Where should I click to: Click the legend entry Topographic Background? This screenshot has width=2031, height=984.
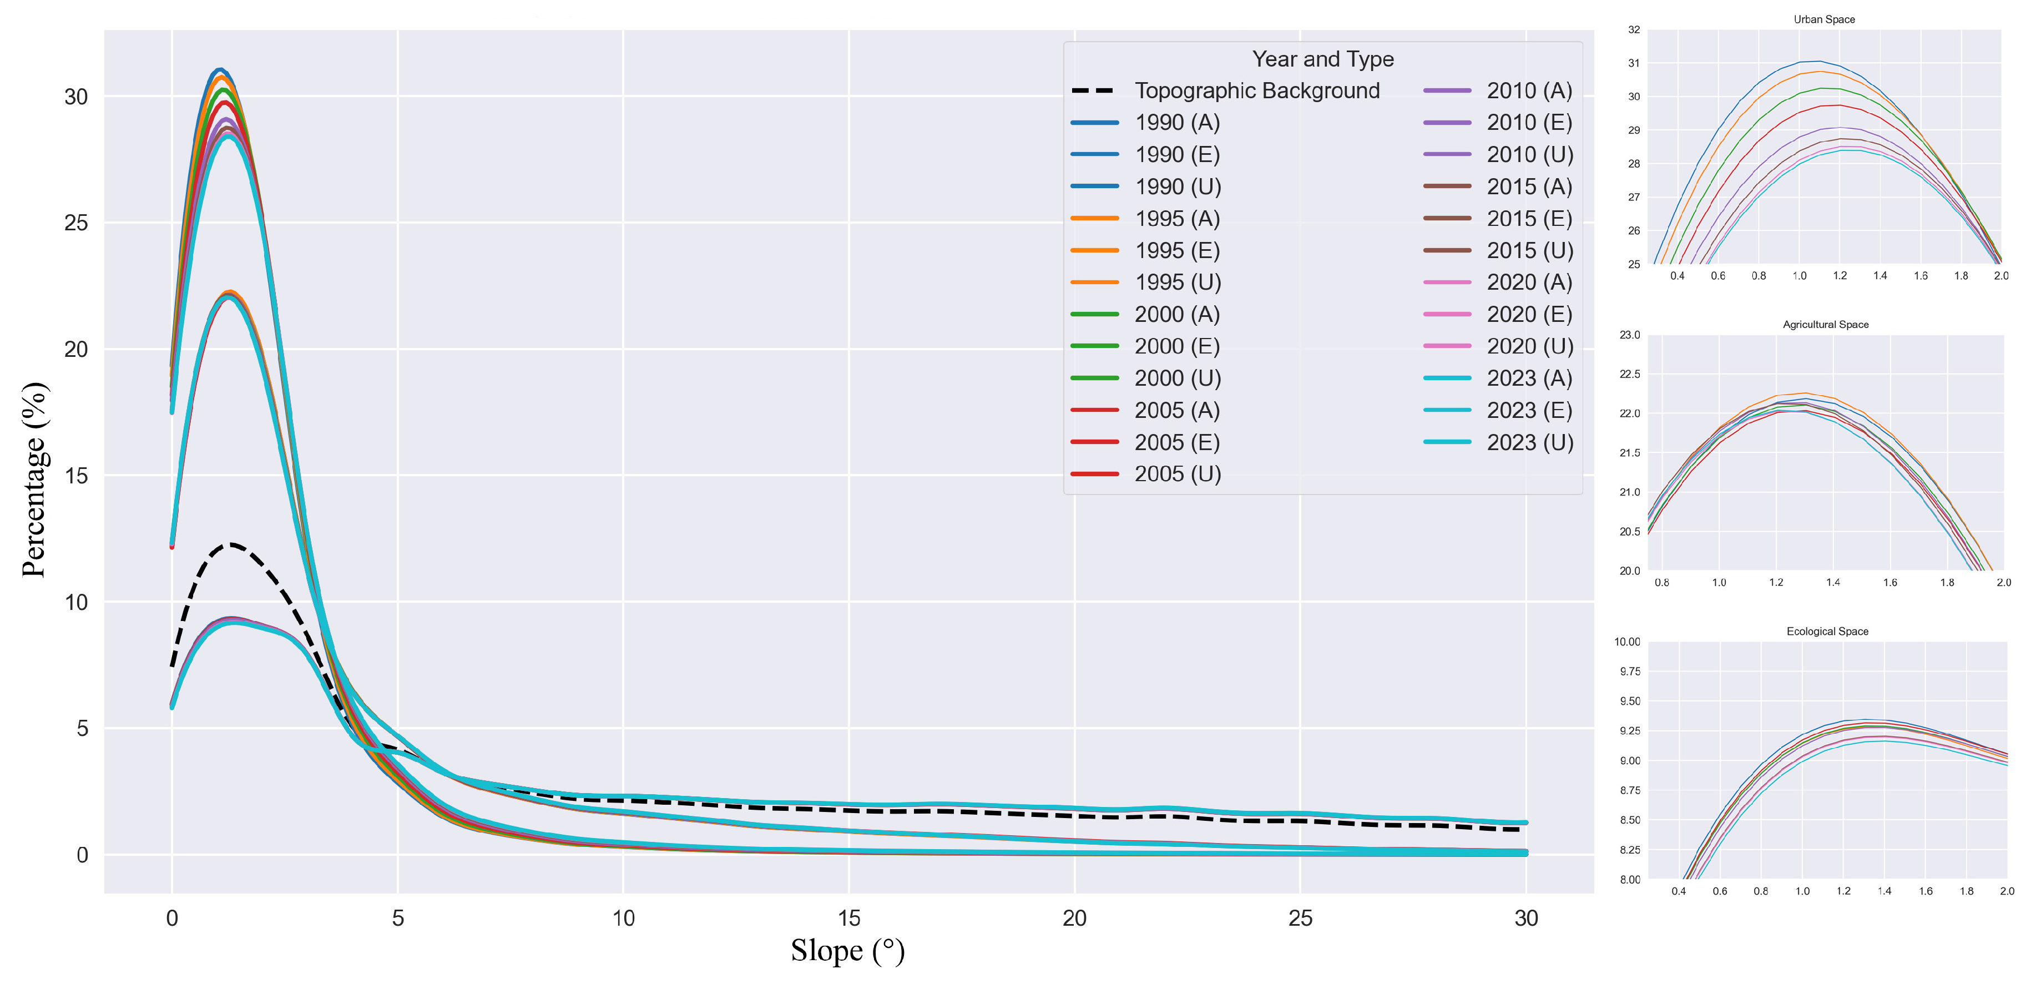point(1257,90)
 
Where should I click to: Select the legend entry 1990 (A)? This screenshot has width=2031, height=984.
point(1177,123)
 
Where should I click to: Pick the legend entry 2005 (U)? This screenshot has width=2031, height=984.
point(1177,474)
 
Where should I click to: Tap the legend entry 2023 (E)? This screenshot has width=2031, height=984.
point(1529,410)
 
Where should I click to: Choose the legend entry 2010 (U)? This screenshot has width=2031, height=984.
point(1529,154)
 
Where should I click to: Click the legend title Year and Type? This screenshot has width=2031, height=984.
point(1322,59)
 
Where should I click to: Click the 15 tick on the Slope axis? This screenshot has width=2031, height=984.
point(848,918)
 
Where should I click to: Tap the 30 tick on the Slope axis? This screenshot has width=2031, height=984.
point(1525,918)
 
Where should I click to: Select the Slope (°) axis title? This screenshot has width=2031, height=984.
point(847,951)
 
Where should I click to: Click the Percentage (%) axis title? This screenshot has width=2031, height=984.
point(35,480)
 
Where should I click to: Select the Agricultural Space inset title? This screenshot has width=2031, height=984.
point(1825,325)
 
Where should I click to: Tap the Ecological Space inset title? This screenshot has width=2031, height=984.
point(1827,632)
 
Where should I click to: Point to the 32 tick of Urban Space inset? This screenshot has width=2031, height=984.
point(1634,30)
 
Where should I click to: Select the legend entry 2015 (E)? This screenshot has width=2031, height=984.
point(1529,219)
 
